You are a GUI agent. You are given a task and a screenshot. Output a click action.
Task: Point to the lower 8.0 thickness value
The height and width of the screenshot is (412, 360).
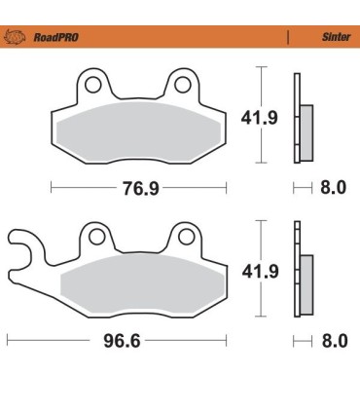333,342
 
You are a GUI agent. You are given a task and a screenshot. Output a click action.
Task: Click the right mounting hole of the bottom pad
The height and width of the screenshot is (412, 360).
184,236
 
